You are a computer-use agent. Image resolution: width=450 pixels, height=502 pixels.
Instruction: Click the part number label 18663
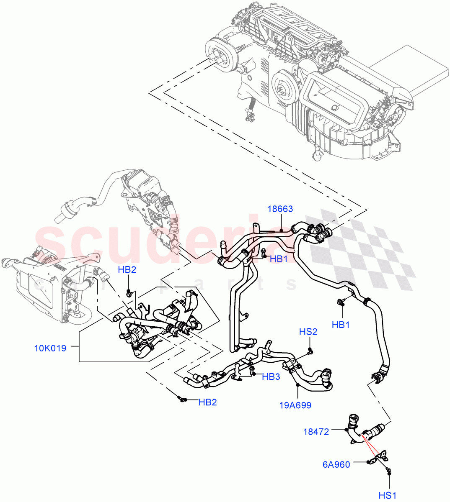click(280, 209)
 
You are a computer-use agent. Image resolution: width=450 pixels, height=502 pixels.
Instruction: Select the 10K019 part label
click(50, 348)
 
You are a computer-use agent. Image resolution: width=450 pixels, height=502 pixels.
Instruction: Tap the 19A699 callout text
click(295, 405)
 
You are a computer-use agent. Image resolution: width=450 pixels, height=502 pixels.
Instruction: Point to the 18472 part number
click(316, 430)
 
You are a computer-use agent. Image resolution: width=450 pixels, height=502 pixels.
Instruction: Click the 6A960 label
click(336, 464)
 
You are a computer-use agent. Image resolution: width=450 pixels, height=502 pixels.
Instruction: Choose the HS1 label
click(388, 495)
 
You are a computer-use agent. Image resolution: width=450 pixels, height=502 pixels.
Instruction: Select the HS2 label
click(308, 332)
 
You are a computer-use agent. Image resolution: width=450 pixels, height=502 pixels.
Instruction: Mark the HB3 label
click(271, 377)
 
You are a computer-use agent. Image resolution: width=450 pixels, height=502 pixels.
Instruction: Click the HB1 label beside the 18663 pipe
click(279, 259)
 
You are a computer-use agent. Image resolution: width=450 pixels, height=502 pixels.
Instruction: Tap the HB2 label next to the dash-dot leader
click(207, 402)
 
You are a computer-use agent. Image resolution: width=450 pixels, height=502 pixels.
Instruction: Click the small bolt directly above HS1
click(389, 472)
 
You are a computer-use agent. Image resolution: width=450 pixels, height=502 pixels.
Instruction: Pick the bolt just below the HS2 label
click(310, 350)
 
